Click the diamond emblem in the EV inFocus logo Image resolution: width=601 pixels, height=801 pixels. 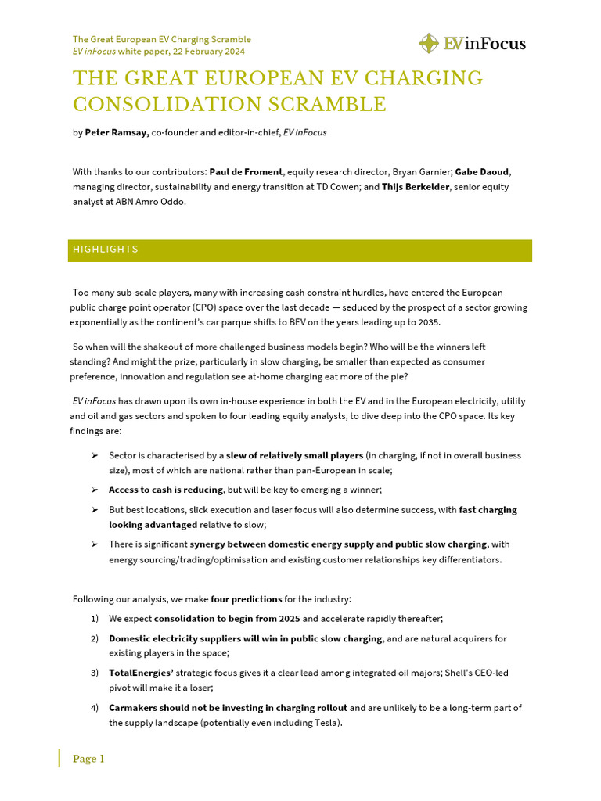tap(429, 43)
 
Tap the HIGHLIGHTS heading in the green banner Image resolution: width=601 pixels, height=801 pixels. tap(106, 250)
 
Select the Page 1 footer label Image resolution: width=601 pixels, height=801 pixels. tap(88, 759)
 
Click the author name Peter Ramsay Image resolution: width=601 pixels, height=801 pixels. tap(117, 133)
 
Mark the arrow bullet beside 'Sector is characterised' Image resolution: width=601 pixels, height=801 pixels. tap(94, 455)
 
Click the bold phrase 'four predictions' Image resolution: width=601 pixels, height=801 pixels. tap(246, 599)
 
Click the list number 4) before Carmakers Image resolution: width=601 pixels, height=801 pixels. tap(94, 708)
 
